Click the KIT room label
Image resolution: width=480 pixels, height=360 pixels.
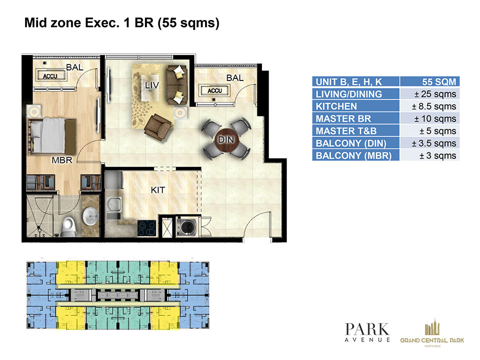[x=157, y=190]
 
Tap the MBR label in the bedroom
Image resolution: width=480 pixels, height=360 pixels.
[x=62, y=160]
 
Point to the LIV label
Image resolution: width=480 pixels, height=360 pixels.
[x=152, y=85]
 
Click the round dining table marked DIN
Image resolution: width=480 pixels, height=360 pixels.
[x=226, y=140]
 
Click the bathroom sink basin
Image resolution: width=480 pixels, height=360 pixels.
[x=90, y=216]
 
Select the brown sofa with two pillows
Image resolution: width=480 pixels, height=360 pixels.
[x=176, y=85]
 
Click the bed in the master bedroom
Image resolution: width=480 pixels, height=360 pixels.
[x=52, y=136]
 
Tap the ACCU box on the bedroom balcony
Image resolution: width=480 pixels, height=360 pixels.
[x=51, y=76]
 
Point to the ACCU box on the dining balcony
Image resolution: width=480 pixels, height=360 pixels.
[x=214, y=90]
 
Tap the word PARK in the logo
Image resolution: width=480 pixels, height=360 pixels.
[x=366, y=329]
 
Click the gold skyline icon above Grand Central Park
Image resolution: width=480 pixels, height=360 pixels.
[x=432, y=327]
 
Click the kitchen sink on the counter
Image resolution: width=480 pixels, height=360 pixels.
[x=114, y=204]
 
